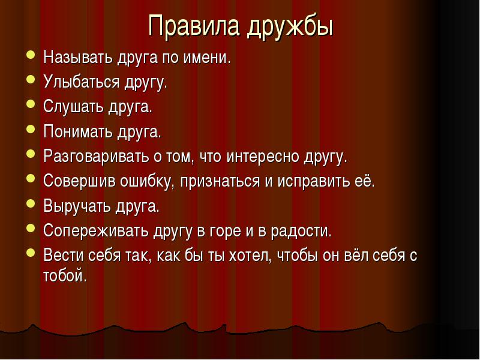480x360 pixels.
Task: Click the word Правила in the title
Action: [193, 25]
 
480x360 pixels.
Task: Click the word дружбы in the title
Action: [290, 27]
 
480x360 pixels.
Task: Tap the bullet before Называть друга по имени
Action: [31, 55]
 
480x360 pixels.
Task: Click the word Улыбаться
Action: [81, 82]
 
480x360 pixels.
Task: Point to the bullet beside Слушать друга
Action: [31, 104]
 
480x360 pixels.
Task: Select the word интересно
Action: [263, 157]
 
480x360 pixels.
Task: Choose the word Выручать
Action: [77, 206]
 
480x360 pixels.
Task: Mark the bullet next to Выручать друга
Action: [31, 203]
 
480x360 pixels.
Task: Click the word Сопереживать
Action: [96, 230]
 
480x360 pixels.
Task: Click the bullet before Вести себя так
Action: [31, 253]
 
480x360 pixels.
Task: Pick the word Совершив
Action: [79, 181]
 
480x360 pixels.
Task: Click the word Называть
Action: [78, 57]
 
